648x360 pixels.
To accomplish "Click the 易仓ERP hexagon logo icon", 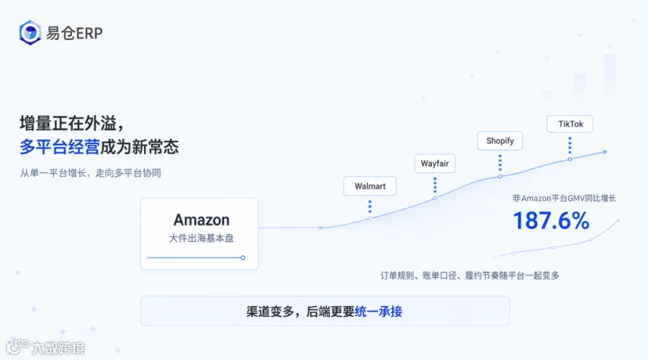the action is pos(30,32).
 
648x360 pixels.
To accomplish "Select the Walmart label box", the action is pos(370,186).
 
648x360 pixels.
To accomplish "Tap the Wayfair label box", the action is pos(435,163).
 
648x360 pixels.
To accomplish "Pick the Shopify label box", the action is pos(500,141).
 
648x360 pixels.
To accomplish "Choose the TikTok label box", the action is pos(570,124).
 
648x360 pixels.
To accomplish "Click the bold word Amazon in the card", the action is pos(202,220).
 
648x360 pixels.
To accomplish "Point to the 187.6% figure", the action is pos(551,220).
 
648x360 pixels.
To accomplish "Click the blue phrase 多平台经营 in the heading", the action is pos(60,147).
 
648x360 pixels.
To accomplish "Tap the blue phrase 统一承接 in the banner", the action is pos(378,311).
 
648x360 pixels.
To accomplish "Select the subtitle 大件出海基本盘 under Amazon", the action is pos(202,238).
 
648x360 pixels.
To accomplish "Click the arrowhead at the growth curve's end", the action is pos(605,152).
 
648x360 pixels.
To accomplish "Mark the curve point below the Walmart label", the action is pos(370,218).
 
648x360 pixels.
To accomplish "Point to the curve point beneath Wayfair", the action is pos(435,198).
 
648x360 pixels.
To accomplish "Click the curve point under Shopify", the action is pos(500,176).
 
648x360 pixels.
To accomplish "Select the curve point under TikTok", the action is pos(570,159).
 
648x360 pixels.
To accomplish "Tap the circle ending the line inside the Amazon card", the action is pos(243,258).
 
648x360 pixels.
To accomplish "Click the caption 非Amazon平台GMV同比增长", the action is pos(564,199).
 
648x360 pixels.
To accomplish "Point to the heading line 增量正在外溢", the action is pos(71,123).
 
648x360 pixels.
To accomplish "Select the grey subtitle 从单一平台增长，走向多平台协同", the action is pos(91,173).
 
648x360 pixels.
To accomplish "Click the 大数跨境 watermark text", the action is pos(58,348).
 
